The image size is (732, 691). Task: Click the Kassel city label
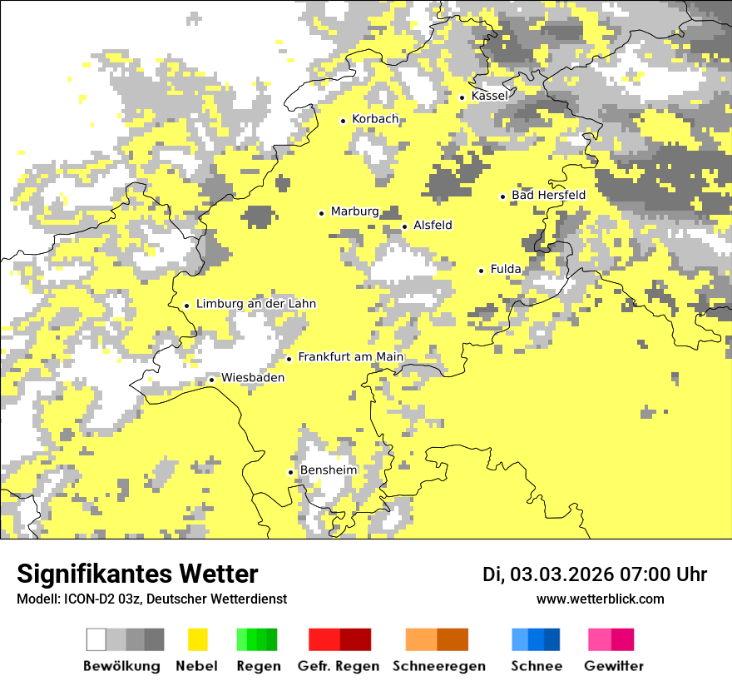(489, 96)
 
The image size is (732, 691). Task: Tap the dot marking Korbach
(343, 121)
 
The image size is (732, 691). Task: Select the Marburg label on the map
(354, 211)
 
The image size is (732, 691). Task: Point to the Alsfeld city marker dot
(404, 226)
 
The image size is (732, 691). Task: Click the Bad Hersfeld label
(548, 195)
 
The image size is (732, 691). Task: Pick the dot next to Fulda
(481, 271)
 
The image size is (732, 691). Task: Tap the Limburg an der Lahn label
(256, 304)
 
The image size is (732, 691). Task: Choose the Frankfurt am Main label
(350, 357)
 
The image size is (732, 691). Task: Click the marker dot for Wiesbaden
(211, 380)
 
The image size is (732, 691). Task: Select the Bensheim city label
(328, 470)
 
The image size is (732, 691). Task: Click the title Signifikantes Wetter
(137, 574)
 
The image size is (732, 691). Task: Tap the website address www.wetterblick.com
(600, 599)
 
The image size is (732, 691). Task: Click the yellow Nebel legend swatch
(198, 639)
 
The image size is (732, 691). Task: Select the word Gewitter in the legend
(614, 666)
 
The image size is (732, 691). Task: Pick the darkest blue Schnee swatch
(552, 639)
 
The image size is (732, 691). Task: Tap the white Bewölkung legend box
(96, 639)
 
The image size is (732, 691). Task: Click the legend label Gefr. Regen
(338, 666)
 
